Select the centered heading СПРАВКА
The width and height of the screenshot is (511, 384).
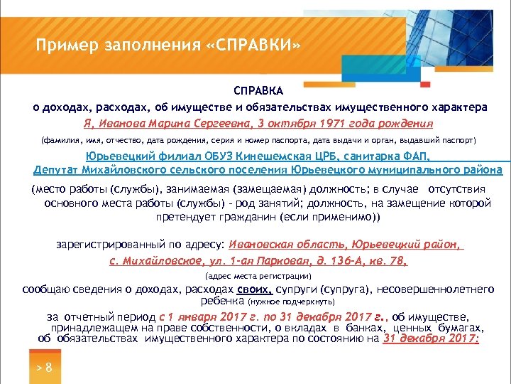259,91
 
